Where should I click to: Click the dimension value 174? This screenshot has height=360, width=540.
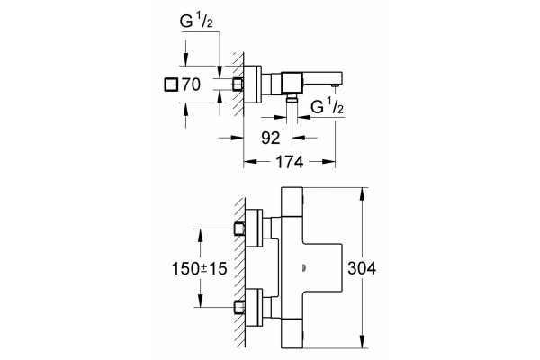click(x=289, y=162)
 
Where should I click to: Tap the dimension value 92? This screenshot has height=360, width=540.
click(x=271, y=138)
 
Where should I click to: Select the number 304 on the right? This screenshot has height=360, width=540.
click(x=362, y=268)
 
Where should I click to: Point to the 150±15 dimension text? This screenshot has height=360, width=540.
click(x=200, y=269)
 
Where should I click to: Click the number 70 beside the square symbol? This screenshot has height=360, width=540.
click(x=191, y=85)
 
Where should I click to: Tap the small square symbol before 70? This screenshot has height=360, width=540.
click(x=171, y=85)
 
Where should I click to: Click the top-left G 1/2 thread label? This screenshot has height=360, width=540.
click(x=196, y=22)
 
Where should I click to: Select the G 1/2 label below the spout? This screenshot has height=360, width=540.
click(x=328, y=106)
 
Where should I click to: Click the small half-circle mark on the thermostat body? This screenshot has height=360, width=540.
click(x=304, y=267)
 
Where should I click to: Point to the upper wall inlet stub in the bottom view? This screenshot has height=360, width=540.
click(x=239, y=229)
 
